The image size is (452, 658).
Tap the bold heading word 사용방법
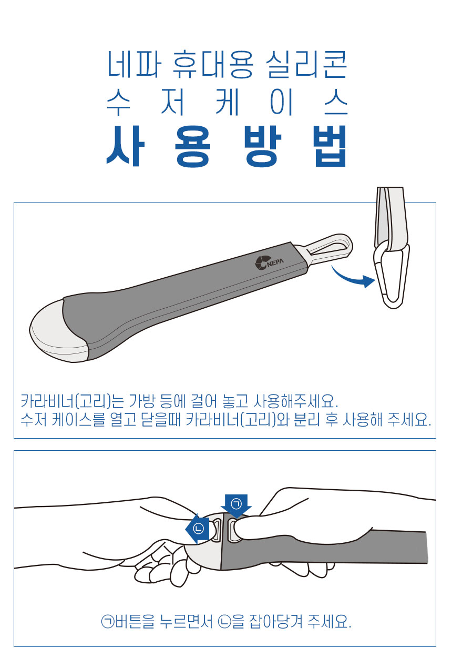[x=227, y=146]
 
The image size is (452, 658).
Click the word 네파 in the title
[x=135, y=64]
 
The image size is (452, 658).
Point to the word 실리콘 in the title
[x=306, y=64]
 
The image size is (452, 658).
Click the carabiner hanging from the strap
[x=391, y=275]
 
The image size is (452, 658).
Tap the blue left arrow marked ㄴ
[x=198, y=529]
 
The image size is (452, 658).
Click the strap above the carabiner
[x=392, y=218]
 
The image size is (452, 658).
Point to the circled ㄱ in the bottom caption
[x=107, y=621]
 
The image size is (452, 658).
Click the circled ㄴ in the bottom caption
[x=224, y=621]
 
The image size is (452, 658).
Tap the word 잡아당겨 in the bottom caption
[x=276, y=621]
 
